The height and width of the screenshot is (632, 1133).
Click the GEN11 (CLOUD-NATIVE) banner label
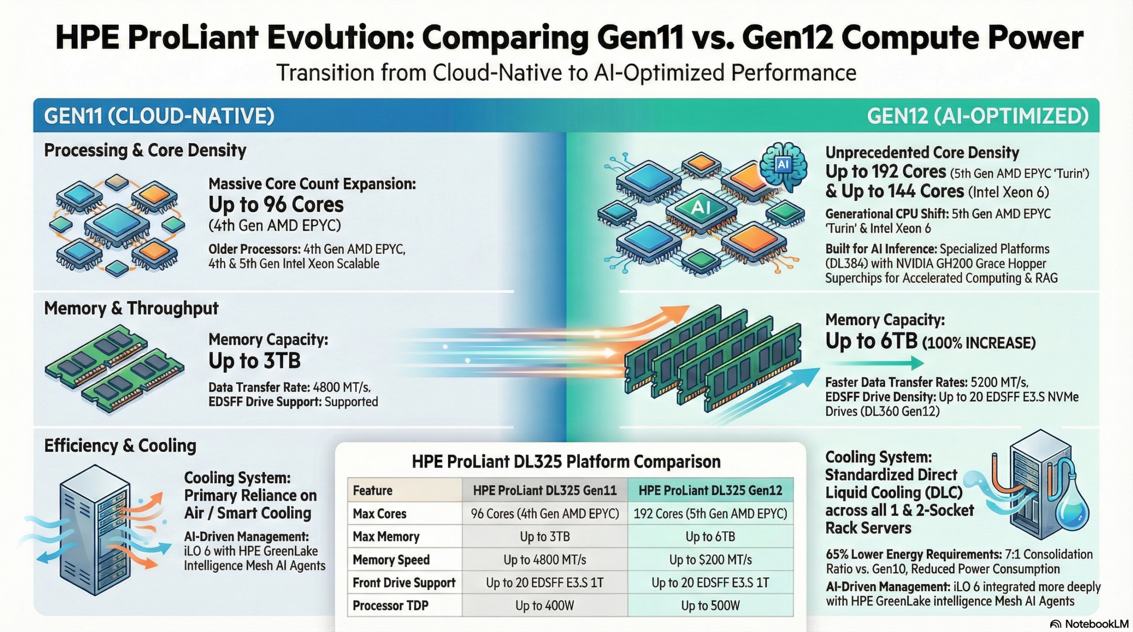pyautogui.click(x=159, y=116)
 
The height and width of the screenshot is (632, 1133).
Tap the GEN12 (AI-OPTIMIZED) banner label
pyautogui.click(x=977, y=116)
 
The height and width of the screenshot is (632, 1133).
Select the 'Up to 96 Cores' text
pyautogui.click(x=276, y=205)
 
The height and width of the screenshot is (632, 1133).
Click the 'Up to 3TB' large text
pyautogui.click(x=254, y=361)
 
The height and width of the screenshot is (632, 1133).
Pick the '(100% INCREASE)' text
pyautogui.click(x=979, y=343)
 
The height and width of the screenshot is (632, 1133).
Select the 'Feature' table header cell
pyautogui.click(x=373, y=490)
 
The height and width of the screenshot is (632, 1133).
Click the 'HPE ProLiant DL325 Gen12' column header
pyautogui.click(x=710, y=490)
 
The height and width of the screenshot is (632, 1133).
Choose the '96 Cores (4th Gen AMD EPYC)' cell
pyautogui.click(x=545, y=513)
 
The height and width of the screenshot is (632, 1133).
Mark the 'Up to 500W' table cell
pyautogui.click(x=710, y=605)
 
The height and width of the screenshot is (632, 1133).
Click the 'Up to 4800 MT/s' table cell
pyautogui.click(x=545, y=560)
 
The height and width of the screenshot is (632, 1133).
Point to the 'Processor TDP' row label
pyautogui.click(x=390, y=605)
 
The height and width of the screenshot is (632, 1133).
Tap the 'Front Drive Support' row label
pyautogui.click(x=404, y=583)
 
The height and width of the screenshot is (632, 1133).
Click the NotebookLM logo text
pyautogui.click(x=1096, y=624)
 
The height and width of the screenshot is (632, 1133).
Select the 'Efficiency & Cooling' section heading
pyautogui.click(x=120, y=446)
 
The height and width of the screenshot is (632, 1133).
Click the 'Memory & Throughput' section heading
pyautogui.click(x=131, y=308)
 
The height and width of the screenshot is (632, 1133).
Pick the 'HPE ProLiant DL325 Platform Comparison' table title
pyautogui.click(x=566, y=462)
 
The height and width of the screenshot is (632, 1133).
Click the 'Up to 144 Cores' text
pyautogui.click(x=894, y=192)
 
